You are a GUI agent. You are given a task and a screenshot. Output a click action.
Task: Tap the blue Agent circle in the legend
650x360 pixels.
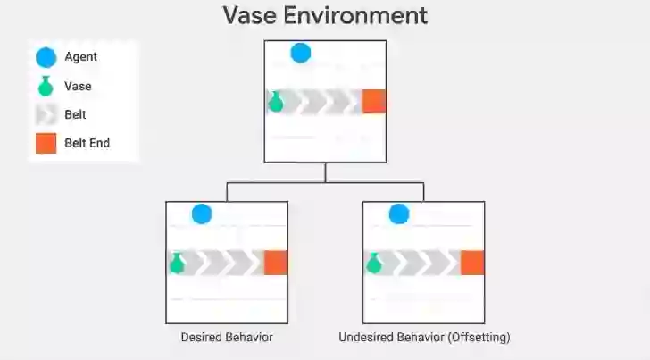tap(46, 58)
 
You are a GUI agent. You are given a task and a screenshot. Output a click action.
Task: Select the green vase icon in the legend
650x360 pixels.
tap(46, 88)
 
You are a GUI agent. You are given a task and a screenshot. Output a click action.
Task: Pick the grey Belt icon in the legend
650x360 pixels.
tap(46, 115)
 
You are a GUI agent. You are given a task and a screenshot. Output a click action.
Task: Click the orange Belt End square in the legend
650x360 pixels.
tap(46, 143)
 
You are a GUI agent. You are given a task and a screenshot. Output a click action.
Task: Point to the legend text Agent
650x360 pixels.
tap(81, 57)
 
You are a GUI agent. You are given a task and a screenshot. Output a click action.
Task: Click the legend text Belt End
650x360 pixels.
tap(87, 143)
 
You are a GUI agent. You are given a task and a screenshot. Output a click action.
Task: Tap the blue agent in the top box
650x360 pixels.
tap(301, 53)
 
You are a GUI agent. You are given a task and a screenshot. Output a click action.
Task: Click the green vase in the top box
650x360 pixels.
tap(276, 102)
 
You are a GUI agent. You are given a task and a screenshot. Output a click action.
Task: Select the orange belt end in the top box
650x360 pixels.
tap(374, 102)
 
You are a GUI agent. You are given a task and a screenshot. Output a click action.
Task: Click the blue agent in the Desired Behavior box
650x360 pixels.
tap(202, 214)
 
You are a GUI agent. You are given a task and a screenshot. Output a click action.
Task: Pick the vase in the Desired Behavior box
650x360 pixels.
tap(177, 264)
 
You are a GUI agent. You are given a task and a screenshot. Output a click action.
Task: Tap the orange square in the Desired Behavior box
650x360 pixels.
tap(276, 263)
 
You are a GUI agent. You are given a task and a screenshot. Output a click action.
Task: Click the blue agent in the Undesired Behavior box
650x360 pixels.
tap(399, 214)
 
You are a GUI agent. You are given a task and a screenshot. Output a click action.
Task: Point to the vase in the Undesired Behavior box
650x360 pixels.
tap(373, 264)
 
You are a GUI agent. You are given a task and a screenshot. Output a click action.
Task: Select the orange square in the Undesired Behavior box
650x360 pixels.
tap(472, 263)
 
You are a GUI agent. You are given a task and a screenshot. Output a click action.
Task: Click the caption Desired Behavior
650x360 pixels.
tap(227, 338)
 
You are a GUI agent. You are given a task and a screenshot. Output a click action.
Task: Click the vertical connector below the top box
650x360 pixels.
tap(325, 172)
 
